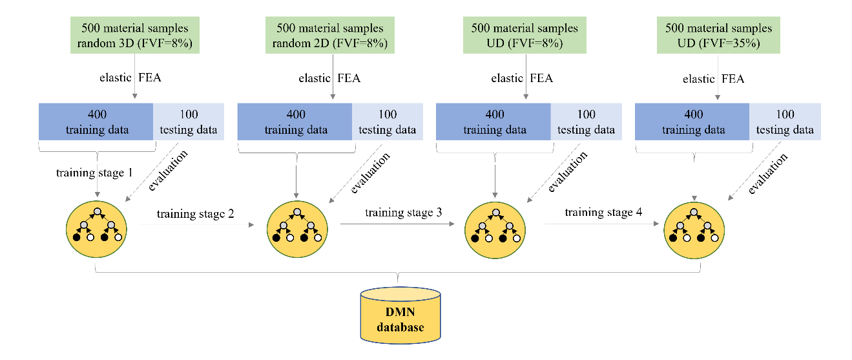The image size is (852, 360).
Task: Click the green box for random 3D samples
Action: coord(134,35)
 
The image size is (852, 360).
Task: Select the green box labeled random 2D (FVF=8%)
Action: coord(330,35)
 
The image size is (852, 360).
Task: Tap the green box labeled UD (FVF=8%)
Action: coord(525,35)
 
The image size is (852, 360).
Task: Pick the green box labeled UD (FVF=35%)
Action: coord(718,35)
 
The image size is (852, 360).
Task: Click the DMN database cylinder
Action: coord(400,315)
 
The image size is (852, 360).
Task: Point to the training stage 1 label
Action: coord(94,173)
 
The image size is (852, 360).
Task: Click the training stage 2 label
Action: coord(195,214)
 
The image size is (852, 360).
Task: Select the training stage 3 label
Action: coord(403,213)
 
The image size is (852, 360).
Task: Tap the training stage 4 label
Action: coord(603,212)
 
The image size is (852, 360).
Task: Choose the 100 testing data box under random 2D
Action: coord(387,122)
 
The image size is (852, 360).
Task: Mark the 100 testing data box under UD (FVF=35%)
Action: coord(785,122)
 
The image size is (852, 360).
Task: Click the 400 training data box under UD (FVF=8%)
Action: coord(494,122)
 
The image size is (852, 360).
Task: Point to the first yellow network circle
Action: coord(96,229)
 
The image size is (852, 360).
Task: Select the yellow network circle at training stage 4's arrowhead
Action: coord(694,230)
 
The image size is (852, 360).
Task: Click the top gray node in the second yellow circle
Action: coord(297,212)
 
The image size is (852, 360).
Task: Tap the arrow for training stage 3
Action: coord(397,224)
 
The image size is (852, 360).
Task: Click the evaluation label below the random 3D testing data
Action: coord(168,170)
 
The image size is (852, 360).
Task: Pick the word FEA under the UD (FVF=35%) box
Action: coord(733,79)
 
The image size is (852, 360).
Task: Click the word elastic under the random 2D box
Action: coord(314,78)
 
